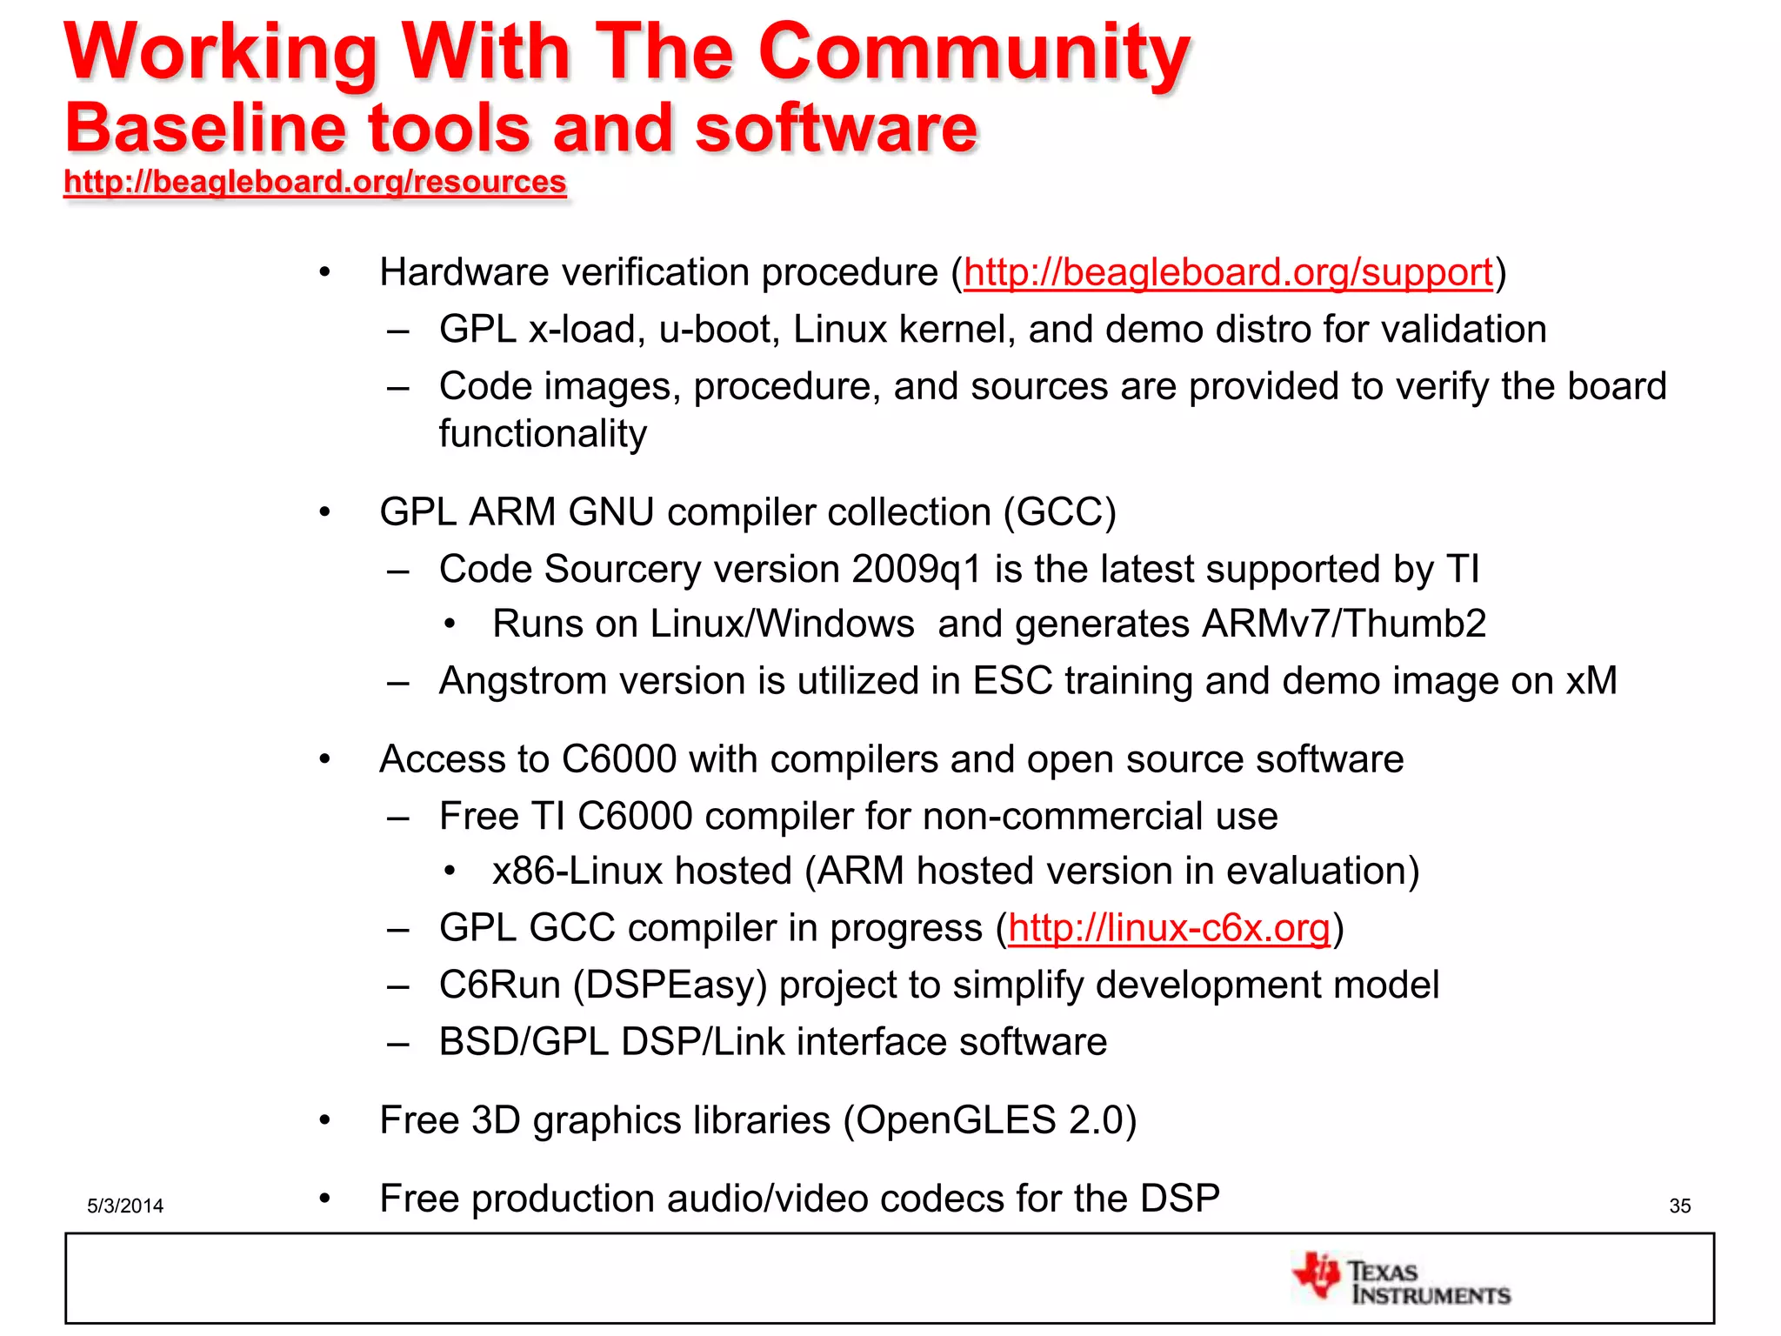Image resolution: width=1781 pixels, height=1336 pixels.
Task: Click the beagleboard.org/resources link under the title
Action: point(315,182)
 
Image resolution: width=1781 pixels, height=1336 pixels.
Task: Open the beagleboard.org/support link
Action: point(1228,273)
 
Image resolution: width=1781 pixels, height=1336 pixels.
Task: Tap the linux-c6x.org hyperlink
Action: point(1169,928)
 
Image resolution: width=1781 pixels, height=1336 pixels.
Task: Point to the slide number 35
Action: point(1679,1206)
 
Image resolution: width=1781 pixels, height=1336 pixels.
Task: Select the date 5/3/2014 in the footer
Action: point(125,1206)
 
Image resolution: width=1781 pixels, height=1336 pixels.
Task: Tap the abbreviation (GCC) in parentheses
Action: point(1059,512)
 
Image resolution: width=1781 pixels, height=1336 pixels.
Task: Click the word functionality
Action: point(543,434)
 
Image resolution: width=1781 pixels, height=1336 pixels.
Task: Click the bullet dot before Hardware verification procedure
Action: point(325,273)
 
